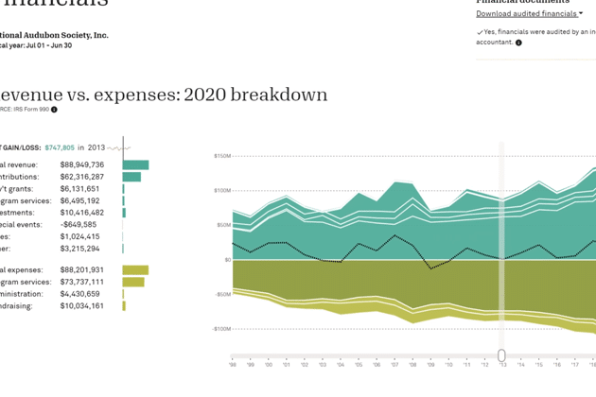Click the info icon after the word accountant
pyautogui.click(x=518, y=43)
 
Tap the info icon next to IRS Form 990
pyautogui.click(x=54, y=110)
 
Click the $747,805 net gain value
pyautogui.click(x=59, y=147)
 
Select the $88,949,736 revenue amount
pyautogui.click(x=81, y=164)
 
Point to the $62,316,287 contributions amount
pyautogui.click(x=81, y=177)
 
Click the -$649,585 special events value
pyautogui.click(x=79, y=225)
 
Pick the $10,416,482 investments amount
pyautogui.click(x=81, y=213)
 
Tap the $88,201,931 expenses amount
pyautogui.click(x=81, y=270)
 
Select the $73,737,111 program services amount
pyautogui.click(x=81, y=282)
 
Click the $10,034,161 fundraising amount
pyautogui.click(x=81, y=306)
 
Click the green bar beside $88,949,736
pyautogui.click(x=135, y=164)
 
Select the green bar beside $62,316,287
pyautogui.click(x=131, y=177)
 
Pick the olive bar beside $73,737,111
pyautogui.click(x=133, y=282)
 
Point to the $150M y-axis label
pyautogui.click(x=221, y=155)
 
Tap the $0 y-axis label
pyautogui.click(x=227, y=259)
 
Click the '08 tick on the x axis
pyautogui.click(x=412, y=364)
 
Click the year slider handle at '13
pyautogui.click(x=502, y=355)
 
